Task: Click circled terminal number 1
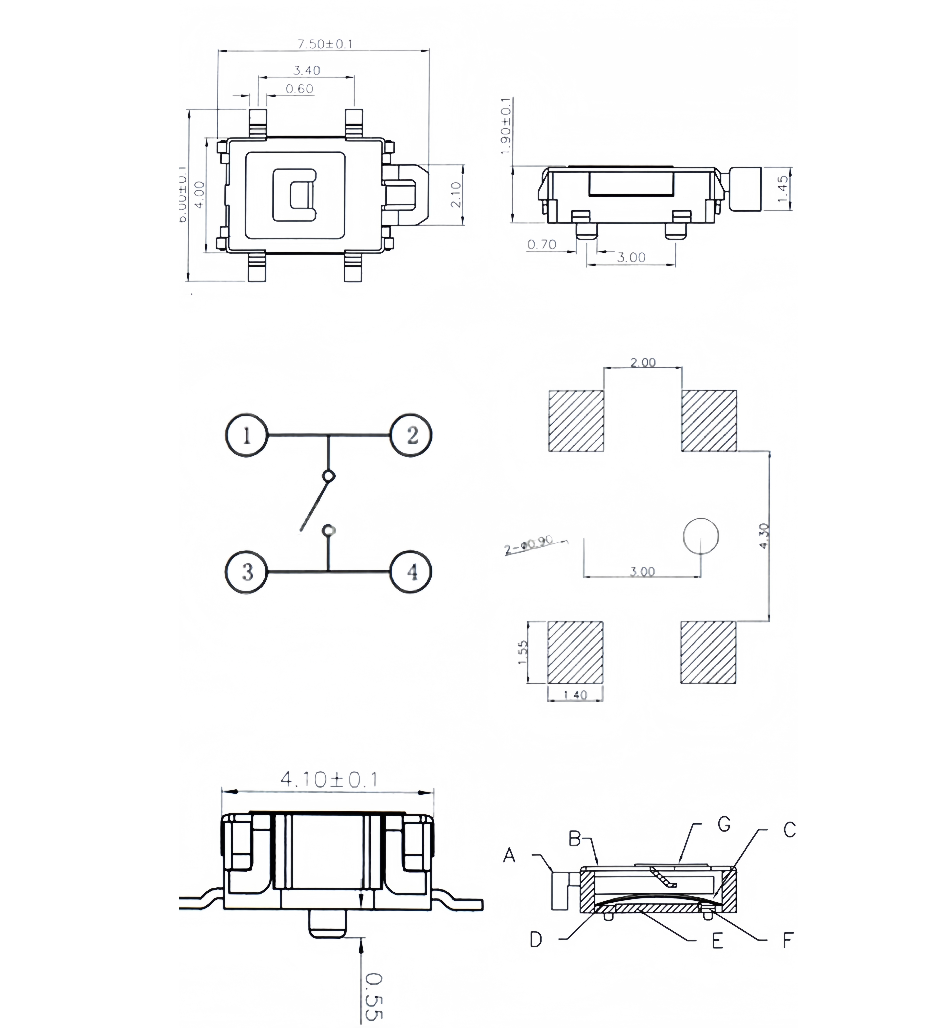pyautogui.click(x=247, y=435)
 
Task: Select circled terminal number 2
pyautogui.click(x=411, y=435)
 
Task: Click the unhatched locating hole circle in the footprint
pyautogui.click(x=701, y=536)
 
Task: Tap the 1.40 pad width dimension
pyautogui.click(x=575, y=695)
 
